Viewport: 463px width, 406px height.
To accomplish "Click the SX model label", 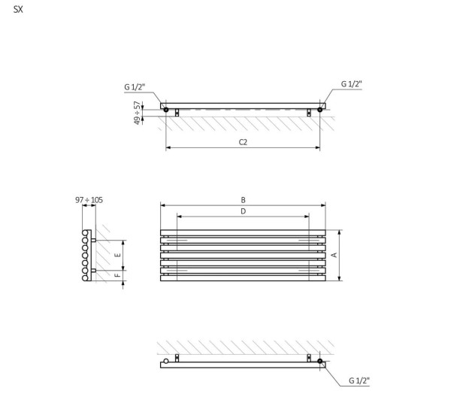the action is (x=18, y=10).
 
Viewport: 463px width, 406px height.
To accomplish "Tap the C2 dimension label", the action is (x=243, y=142).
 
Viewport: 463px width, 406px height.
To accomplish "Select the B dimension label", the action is (x=243, y=200).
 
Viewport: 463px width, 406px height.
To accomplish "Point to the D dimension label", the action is (x=243, y=211).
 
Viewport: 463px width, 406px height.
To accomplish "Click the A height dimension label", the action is (x=334, y=255).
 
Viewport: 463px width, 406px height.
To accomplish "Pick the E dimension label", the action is (x=117, y=255).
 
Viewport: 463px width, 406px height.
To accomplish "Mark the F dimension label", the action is (x=117, y=275).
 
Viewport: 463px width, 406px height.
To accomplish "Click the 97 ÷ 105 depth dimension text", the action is (x=89, y=200).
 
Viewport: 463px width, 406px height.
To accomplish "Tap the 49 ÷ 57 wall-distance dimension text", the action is (x=137, y=113).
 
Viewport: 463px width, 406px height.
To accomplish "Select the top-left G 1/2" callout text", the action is (x=135, y=87).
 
